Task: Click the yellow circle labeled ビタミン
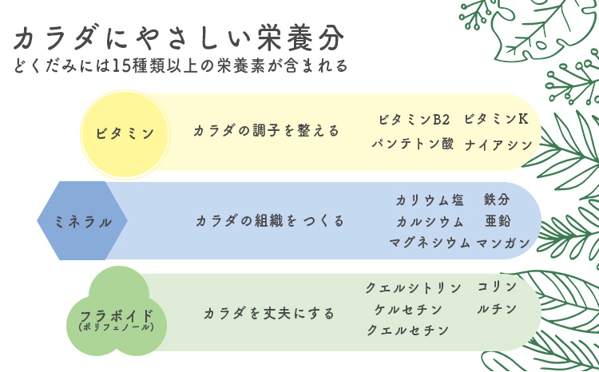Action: point(125,134)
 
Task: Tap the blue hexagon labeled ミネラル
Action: point(82,221)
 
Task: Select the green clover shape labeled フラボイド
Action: point(117,311)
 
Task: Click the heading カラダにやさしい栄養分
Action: point(179,38)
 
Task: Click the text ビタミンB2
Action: point(414,120)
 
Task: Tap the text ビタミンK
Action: point(496,120)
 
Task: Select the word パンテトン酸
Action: point(413,144)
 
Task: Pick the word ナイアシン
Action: point(498,145)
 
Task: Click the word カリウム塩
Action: point(430,200)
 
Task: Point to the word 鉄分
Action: point(497,200)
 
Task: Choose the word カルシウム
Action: point(430,221)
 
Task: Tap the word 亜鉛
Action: point(498,221)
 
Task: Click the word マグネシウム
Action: point(430,243)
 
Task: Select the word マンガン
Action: point(503,243)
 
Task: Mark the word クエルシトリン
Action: point(414,288)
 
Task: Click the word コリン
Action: point(497,287)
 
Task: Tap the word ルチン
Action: point(497,309)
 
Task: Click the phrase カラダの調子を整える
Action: point(266,131)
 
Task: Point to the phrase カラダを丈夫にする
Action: point(269,313)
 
